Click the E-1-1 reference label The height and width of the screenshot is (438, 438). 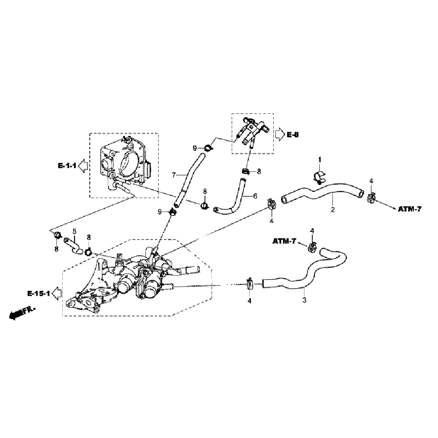click(67, 166)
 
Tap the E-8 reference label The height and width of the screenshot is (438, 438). click(293, 134)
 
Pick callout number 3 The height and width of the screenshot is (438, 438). click(304, 300)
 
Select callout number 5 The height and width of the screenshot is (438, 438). click(74, 231)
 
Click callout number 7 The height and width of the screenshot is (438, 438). click(173, 175)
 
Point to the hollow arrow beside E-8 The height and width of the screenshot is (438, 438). click(280, 134)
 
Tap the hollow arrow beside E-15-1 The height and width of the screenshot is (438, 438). click(56, 293)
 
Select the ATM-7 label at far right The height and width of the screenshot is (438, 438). click(410, 209)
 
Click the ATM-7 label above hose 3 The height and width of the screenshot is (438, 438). click(285, 241)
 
